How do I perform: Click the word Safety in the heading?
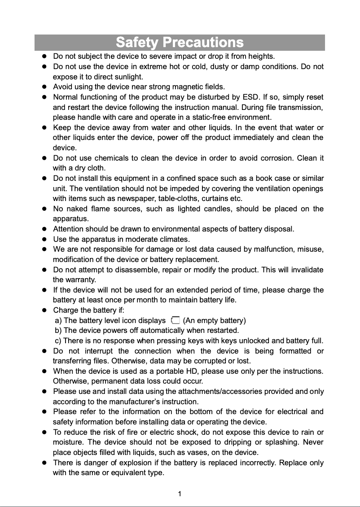tap(137, 43)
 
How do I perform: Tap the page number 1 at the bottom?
tap(180, 494)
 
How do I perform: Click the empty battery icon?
tap(175, 320)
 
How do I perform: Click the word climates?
tap(175, 239)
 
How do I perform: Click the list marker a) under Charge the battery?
tap(58, 320)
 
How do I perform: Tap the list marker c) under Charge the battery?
tap(58, 341)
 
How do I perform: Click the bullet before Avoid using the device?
tap(44, 87)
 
